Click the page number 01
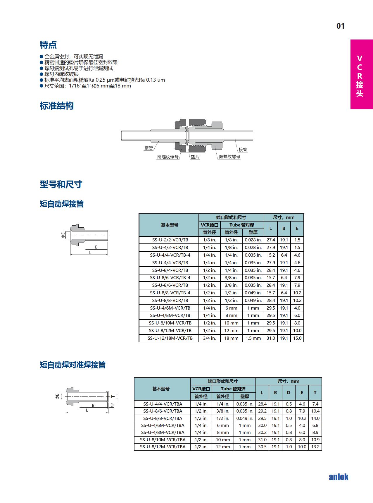[x=340, y=26]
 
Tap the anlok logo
[x=338, y=477]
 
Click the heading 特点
[x=48, y=45]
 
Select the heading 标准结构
[x=56, y=106]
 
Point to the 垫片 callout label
[x=195, y=157]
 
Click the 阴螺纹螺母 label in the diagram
[x=168, y=157]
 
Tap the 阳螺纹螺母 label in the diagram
[x=229, y=157]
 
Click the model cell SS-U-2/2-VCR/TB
[x=170, y=240]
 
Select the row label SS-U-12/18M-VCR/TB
[x=170, y=338]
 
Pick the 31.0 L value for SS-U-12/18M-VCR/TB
[x=271, y=338]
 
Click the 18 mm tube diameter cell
[x=231, y=338]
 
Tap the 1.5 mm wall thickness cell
[x=253, y=338]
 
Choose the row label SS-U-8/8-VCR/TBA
[x=163, y=418]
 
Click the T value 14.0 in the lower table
[x=315, y=418]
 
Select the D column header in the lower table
[x=289, y=393]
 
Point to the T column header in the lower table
[x=315, y=393]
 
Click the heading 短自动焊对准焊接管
[x=72, y=365]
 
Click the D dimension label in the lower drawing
[x=112, y=405]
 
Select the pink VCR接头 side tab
[x=361, y=74]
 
